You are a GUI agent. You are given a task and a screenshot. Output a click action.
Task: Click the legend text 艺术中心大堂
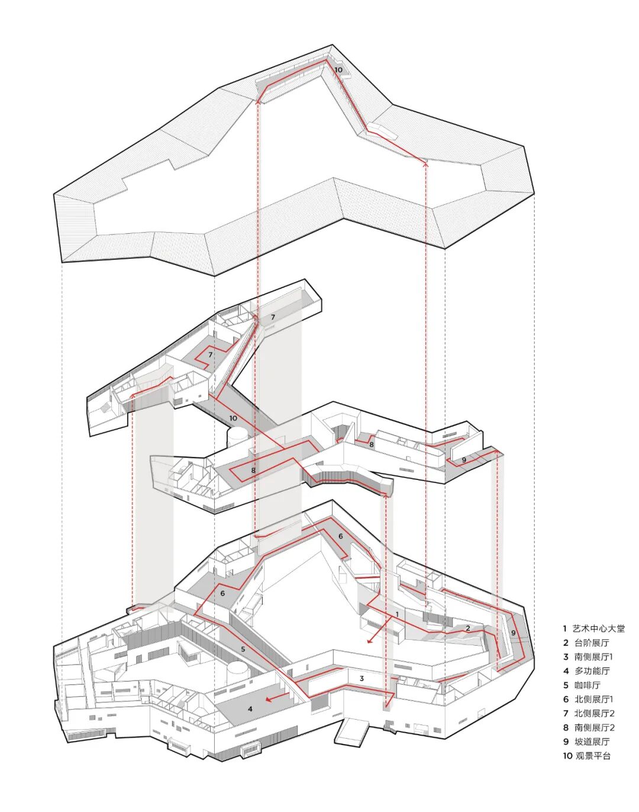click(x=598, y=629)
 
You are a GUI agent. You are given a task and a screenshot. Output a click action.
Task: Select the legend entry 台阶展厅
click(x=591, y=643)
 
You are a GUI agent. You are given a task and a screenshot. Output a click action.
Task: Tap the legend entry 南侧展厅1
click(x=593, y=657)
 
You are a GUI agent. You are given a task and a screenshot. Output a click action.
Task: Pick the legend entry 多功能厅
click(x=591, y=671)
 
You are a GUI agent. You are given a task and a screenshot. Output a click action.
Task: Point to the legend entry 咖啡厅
click(x=587, y=685)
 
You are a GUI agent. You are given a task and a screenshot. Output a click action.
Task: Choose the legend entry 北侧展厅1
click(x=593, y=700)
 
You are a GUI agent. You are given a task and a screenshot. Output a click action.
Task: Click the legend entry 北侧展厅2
click(x=593, y=714)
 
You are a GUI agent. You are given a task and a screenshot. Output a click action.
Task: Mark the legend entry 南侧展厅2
click(x=593, y=728)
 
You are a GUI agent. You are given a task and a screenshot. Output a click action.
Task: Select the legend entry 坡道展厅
click(x=591, y=742)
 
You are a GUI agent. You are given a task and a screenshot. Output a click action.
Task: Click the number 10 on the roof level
click(x=338, y=70)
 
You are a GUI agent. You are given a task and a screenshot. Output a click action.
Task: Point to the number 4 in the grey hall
click(x=250, y=708)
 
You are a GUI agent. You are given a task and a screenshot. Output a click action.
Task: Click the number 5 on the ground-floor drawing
click(x=243, y=649)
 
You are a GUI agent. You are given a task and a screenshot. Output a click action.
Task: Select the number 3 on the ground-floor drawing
click(x=362, y=678)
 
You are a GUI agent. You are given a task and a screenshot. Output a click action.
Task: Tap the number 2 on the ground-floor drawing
click(x=468, y=628)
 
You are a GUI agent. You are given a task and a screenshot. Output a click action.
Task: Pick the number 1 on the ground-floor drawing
click(x=397, y=614)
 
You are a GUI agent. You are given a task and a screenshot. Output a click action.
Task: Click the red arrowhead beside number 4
click(x=268, y=700)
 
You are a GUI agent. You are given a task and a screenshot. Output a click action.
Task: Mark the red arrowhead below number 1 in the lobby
click(x=370, y=641)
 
